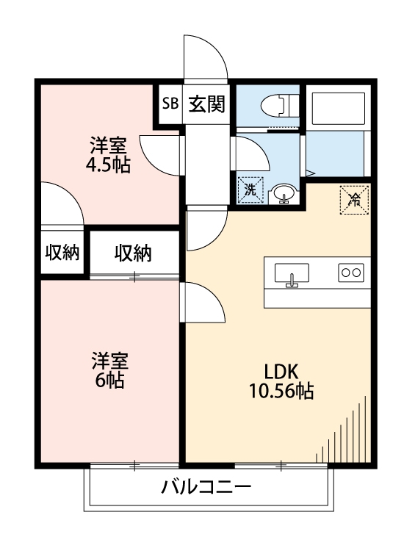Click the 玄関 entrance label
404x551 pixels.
coord(206,104)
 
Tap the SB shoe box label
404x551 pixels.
coord(170,104)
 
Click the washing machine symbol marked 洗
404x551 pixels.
coord(250,190)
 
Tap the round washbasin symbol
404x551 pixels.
coord(284,194)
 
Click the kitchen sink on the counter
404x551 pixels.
coord(292,274)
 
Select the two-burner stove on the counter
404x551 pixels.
coord(350,273)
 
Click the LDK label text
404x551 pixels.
coord(282,371)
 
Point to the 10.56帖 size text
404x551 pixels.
coord(282,392)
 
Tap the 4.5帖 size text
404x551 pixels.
coord(108,165)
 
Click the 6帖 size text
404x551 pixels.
coord(109,381)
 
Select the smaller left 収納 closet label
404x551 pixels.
coord(62,253)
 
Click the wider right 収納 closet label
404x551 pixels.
coord(133,254)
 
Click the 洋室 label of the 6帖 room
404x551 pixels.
coord(109,361)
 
